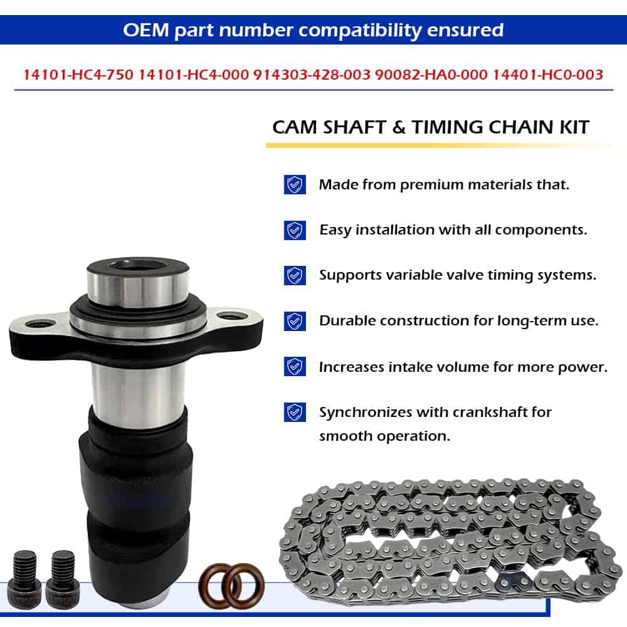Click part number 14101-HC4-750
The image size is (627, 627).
78,75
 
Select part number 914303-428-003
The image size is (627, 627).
312,75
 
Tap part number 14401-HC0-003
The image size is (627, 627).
548,75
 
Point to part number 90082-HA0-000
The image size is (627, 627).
431,75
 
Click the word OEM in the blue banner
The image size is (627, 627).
146,30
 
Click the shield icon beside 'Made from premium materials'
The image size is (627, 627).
295,184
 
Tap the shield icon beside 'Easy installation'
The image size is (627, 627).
295,230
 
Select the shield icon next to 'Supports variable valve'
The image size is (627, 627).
295,275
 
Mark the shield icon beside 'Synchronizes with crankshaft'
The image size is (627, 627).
295,412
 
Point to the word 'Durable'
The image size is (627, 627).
347,320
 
